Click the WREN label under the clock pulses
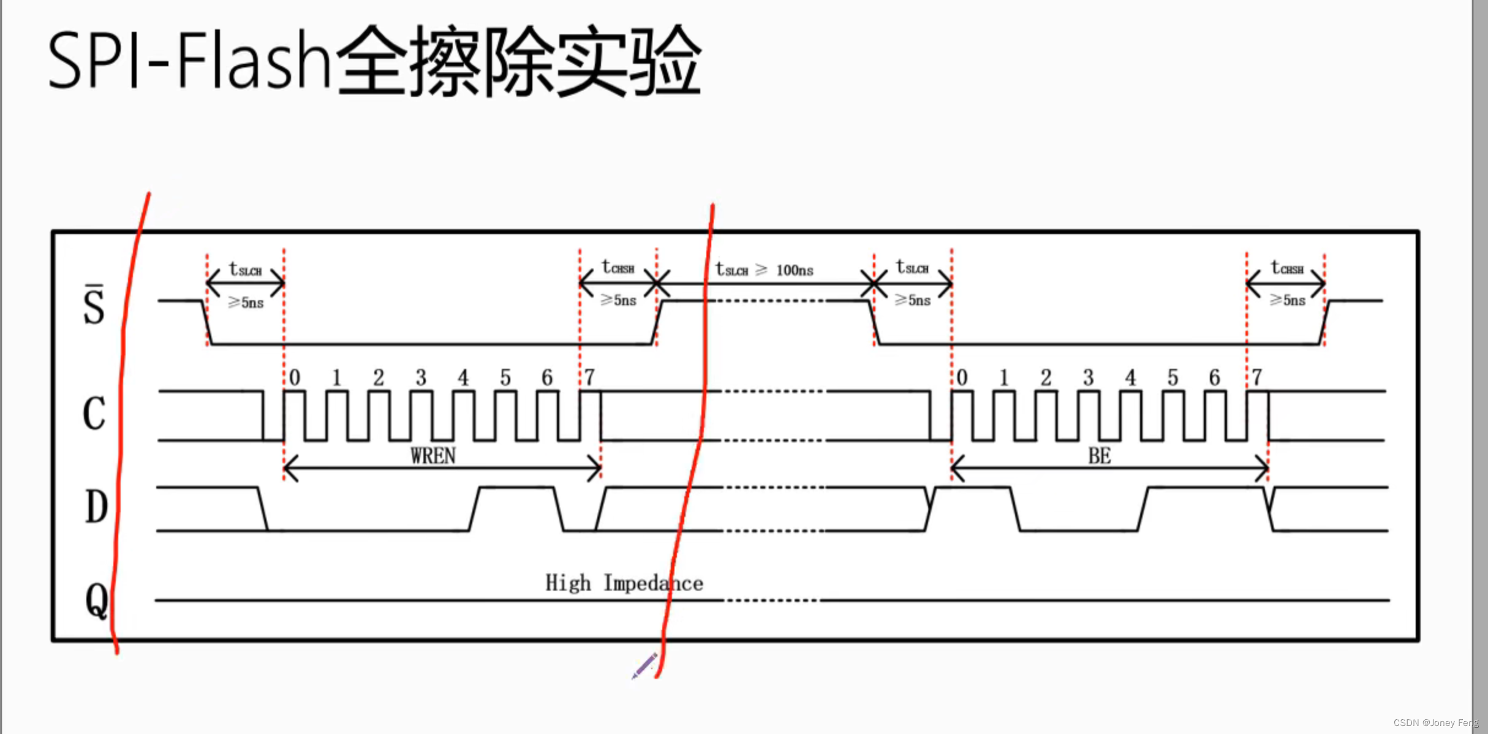pos(433,456)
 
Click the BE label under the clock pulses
pos(1100,456)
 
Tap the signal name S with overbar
pos(94,305)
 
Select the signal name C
pos(94,414)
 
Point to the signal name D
pos(96,507)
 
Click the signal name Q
pos(97,600)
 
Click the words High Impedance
pos(624,583)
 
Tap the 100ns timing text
pos(795,270)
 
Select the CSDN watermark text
pos(1435,723)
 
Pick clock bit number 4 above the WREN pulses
pos(463,377)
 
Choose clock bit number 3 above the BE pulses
pos(1088,377)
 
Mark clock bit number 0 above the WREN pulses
pos(295,377)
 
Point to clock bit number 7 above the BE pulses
pos(1257,377)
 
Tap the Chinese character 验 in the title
pos(667,61)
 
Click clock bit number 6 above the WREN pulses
pos(547,377)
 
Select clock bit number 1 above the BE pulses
pos(1003,377)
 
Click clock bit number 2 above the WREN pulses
pos(379,377)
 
